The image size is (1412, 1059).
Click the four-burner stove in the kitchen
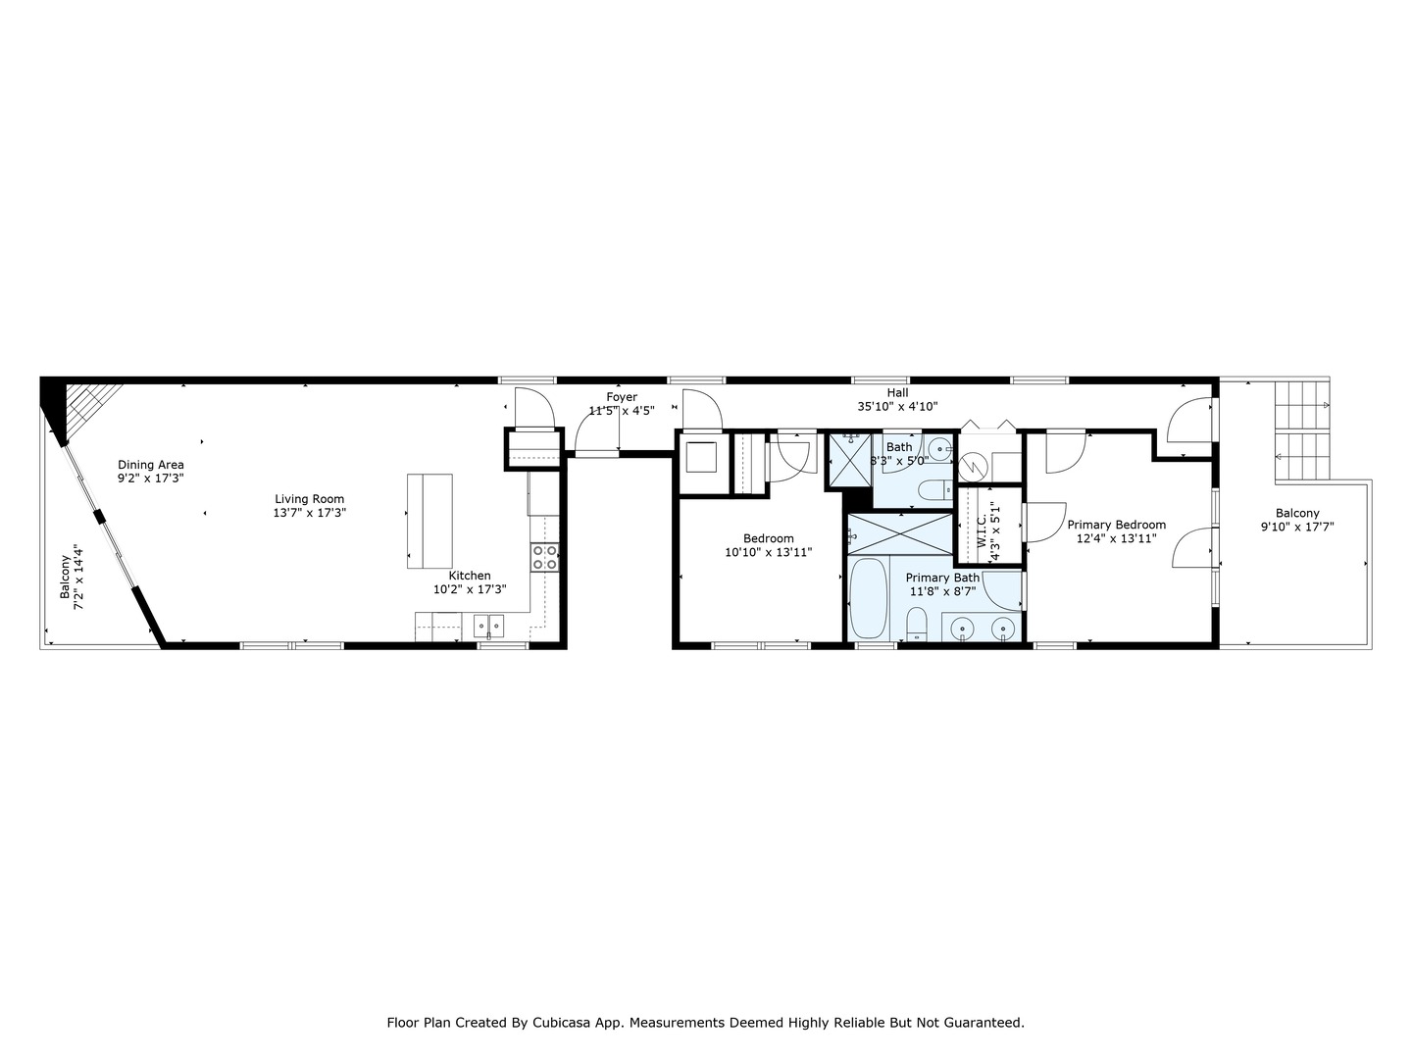click(545, 557)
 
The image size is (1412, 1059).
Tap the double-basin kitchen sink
click(488, 625)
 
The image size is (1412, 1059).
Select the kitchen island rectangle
click(429, 521)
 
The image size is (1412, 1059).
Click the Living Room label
click(309, 499)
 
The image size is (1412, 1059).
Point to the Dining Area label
click(151, 465)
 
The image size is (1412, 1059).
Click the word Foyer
click(622, 397)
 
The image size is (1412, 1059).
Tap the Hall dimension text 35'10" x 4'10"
click(897, 406)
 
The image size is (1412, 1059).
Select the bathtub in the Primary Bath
click(869, 598)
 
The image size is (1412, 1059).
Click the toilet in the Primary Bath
click(917, 623)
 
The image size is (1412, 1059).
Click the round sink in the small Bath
click(940, 449)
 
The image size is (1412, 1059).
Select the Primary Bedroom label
click(1116, 525)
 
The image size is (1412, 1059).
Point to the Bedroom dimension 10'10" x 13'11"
click(768, 552)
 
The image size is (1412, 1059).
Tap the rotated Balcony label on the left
click(66, 578)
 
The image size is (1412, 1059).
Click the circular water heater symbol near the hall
click(975, 464)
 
